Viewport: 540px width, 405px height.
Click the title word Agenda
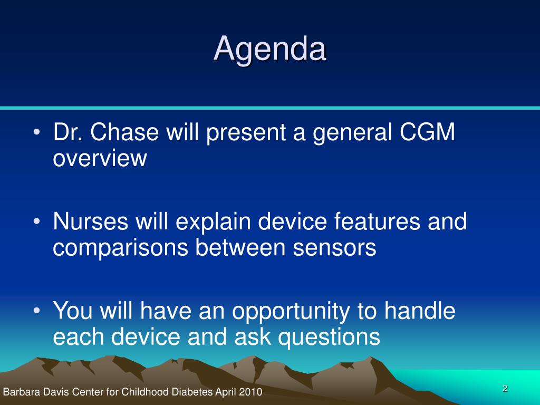269,50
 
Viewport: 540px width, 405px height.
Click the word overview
100,158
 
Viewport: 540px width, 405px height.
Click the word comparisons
120,248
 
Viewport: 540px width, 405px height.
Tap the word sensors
334,248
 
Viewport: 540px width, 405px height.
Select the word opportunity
291,312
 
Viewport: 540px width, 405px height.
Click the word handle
419,310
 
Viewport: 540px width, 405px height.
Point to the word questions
329,337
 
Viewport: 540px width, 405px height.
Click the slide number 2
505,388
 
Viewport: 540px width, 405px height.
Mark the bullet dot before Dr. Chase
37,132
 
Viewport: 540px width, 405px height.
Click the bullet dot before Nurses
37,222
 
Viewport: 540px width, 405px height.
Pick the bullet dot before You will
37,311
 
